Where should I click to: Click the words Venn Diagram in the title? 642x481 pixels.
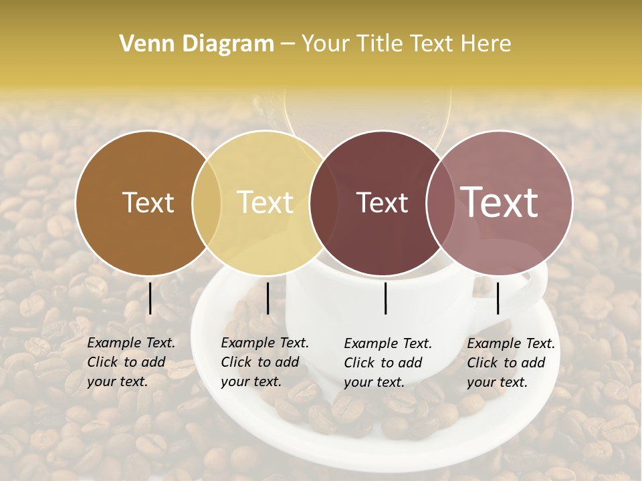pos(197,44)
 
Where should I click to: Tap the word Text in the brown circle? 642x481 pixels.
pos(148,202)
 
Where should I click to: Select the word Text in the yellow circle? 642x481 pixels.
pos(265,202)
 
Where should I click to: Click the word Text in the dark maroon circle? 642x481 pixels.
pos(382,202)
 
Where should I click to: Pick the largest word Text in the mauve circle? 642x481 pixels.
pos(499,202)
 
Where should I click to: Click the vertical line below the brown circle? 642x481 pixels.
pos(150,298)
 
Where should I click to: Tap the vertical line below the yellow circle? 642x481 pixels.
pos(268,298)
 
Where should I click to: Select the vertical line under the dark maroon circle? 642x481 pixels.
pos(386,298)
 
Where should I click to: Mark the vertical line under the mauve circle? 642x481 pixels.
pos(498,298)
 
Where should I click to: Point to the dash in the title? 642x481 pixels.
pos(288,44)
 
